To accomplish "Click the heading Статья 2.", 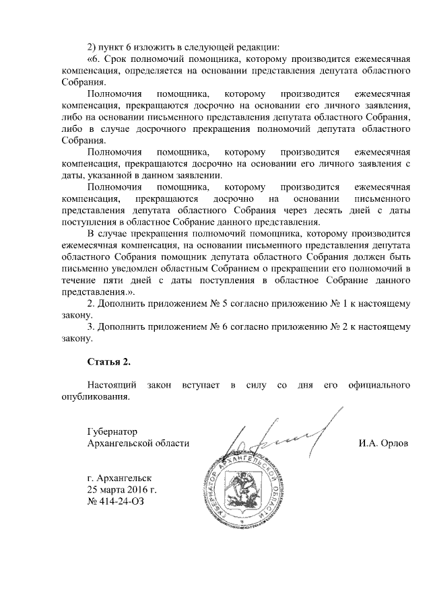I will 108,362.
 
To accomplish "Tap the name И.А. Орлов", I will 385,443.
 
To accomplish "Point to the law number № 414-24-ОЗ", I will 116,502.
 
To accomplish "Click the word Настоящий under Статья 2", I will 112,386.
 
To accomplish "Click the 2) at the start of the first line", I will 93,46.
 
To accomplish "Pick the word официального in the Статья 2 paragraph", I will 379,386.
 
